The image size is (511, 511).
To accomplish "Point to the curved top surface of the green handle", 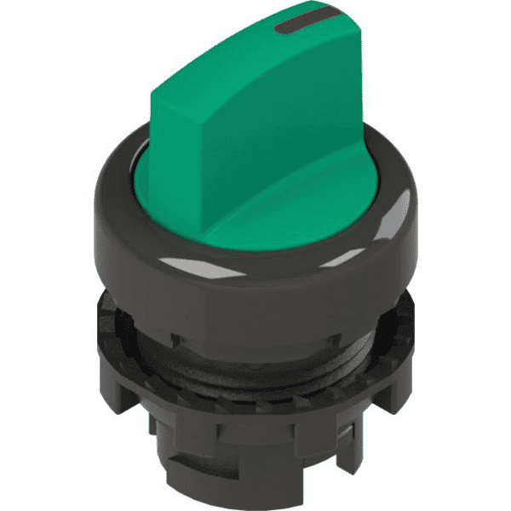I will [x=255, y=60].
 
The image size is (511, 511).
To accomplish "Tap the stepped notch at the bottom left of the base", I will [x=162, y=426].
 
